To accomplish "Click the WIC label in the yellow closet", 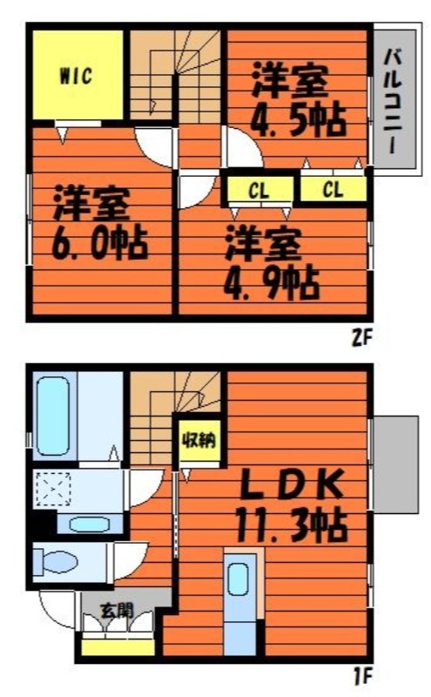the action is (x=76, y=76).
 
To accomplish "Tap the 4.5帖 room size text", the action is (x=298, y=119).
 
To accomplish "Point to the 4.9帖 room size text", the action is (x=272, y=282).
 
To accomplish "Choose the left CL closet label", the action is (x=259, y=192).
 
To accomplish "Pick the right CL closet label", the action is (x=333, y=190).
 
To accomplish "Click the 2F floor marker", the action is (x=361, y=338).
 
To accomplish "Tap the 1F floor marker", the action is (x=362, y=676).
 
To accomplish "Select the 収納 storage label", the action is (x=199, y=440).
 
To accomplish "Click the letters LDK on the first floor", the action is (x=292, y=484).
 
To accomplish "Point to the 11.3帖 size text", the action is (x=291, y=525).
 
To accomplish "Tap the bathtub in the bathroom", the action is (x=53, y=416).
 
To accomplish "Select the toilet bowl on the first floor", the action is (x=55, y=562).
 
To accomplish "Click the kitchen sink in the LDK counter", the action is (x=239, y=579).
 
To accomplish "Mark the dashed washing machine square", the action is (x=53, y=489).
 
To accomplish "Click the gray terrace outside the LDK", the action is (x=395, y=464).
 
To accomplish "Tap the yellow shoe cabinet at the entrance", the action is (x=118, y=647).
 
